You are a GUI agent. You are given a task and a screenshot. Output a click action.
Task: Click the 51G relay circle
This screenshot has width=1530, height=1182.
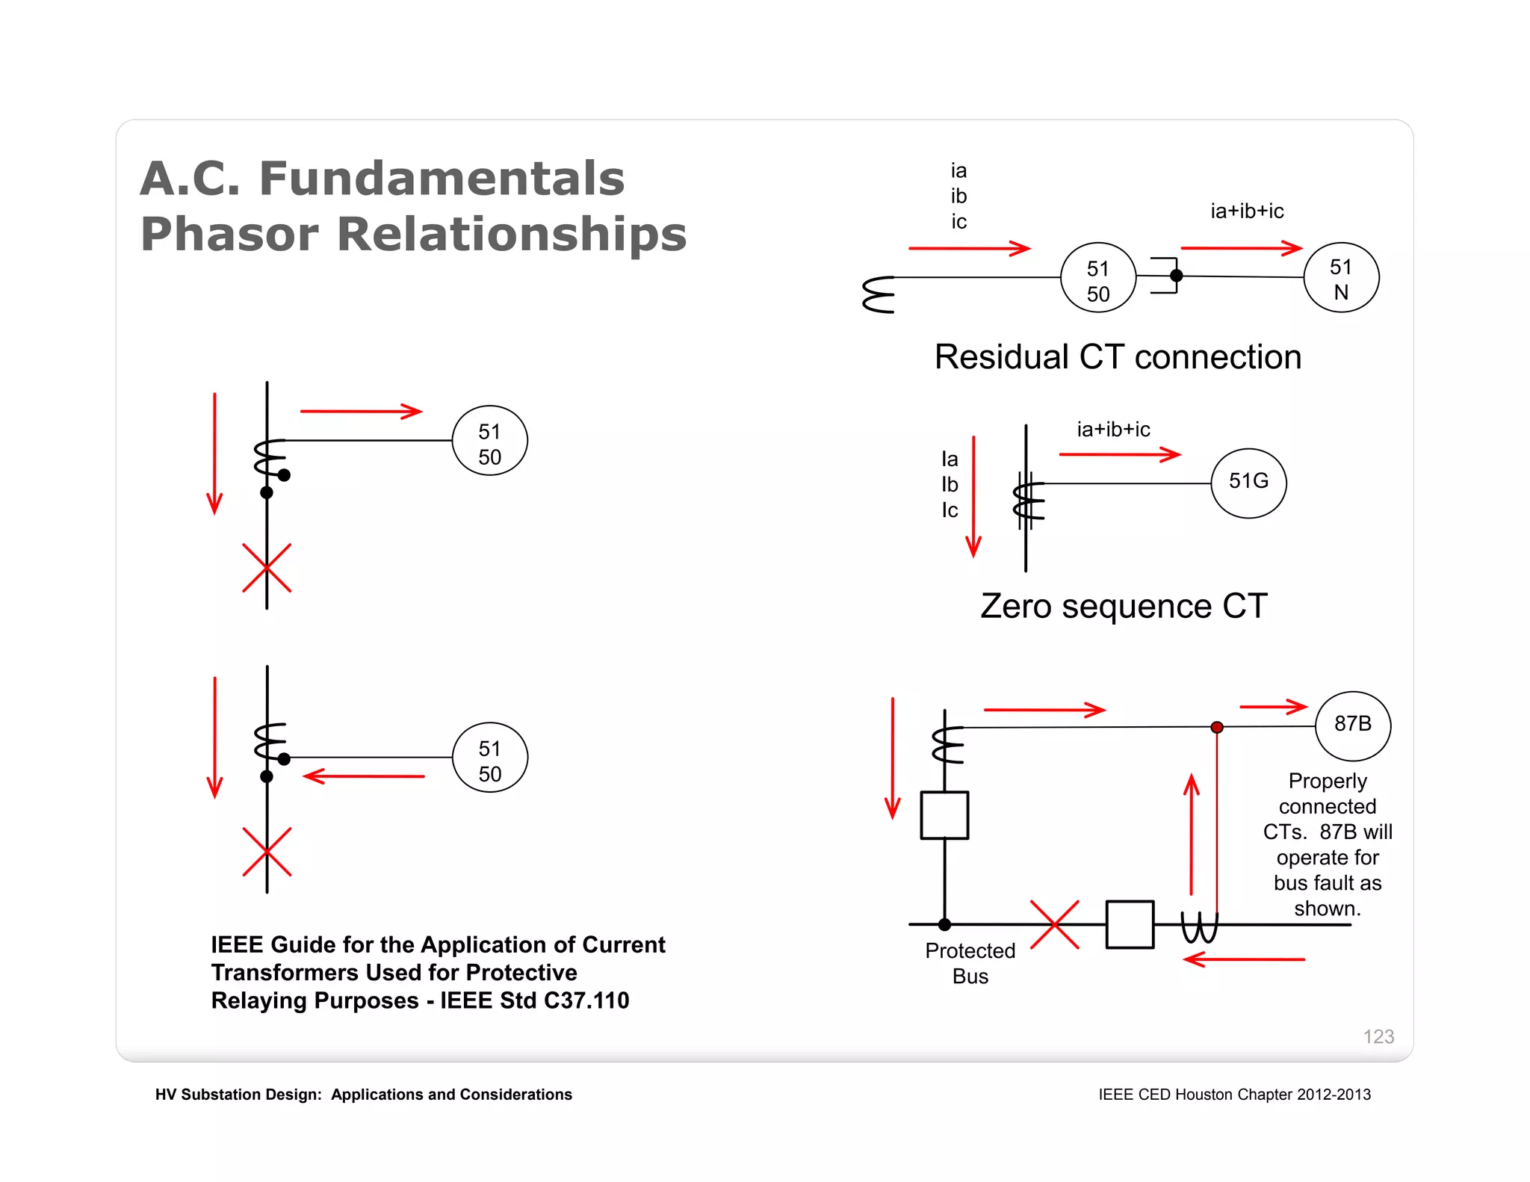1248,483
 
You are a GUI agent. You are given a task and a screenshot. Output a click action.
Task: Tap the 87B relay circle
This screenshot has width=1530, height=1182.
1352,725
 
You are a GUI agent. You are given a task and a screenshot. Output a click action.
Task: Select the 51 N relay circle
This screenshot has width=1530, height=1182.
1341,278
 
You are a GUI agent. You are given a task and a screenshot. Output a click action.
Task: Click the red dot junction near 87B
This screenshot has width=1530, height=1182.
1217,727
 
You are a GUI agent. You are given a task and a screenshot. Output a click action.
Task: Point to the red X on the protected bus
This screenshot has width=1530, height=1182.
1054,925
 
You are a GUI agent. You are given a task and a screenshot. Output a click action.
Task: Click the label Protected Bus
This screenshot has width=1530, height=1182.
970,963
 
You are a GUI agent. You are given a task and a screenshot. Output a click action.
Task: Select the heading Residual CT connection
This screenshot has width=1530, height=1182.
1118,357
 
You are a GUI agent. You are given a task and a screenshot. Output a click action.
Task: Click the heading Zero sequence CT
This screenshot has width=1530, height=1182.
1124,606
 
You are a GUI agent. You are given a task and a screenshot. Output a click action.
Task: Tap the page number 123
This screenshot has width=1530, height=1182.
1378,1036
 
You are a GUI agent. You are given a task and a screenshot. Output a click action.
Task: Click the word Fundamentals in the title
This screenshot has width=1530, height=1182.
442,179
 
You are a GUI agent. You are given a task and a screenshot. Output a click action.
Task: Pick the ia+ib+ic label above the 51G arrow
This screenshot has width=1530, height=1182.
1113,430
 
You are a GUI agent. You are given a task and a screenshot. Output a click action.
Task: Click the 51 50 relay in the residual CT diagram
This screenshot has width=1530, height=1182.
1098,279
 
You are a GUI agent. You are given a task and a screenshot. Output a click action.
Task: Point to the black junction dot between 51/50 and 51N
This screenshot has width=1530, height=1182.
1177,276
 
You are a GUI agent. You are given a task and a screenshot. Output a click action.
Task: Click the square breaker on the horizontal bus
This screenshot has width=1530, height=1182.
1130,925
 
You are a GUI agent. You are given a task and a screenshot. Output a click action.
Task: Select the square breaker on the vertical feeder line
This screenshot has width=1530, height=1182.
944,815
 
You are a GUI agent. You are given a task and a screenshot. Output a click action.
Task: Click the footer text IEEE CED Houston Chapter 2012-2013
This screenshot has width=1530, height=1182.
1234,1095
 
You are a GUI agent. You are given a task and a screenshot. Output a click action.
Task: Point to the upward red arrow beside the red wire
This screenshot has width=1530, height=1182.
1192,833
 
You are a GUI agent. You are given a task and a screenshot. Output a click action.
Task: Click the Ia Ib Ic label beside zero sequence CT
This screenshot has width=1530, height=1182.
950,484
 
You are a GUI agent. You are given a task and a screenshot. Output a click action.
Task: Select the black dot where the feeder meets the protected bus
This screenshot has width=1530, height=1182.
944,924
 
